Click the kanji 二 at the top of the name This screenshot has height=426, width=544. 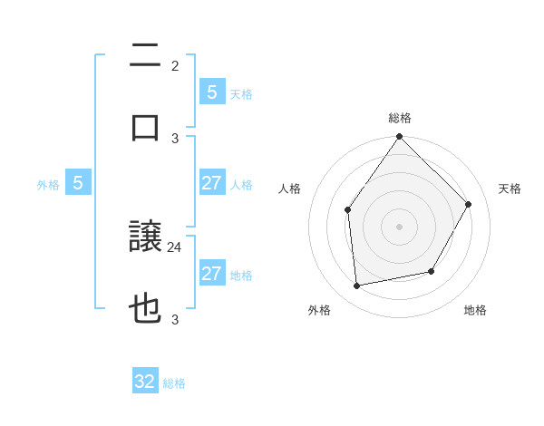click(x=145, y=56)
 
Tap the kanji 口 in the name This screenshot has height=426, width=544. click(x=145, y=127)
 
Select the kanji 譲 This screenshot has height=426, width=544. click(x=145, y=238)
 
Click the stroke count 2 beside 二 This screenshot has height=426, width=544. click(x=175, y=66)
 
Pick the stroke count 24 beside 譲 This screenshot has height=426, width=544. click(x=175, y=247)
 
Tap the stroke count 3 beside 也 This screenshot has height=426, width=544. click(x=175, y=319)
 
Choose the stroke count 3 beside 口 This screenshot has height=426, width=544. click(x=175, y=138)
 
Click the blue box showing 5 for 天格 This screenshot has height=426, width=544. click(x=211, y=92)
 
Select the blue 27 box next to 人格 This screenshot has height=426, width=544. click(x=211, y=183)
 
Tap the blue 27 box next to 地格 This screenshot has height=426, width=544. click(x=211, y=274)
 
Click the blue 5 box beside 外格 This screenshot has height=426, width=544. click(x=78, y=183)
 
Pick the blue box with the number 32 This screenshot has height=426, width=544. click(x=145, y=382)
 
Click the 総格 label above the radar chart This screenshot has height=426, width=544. click(x=400, y=118)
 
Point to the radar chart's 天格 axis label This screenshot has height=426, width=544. click(x=510, y=189)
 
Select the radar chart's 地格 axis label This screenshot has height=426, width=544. click(x=475, y=310)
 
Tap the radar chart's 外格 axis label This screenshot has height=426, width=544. click(x=319, y=310)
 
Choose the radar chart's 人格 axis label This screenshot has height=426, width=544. click(x=290, y=189)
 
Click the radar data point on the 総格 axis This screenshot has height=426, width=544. click(x=399, y=137)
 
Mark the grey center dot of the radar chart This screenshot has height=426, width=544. click(x=399, y=226)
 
